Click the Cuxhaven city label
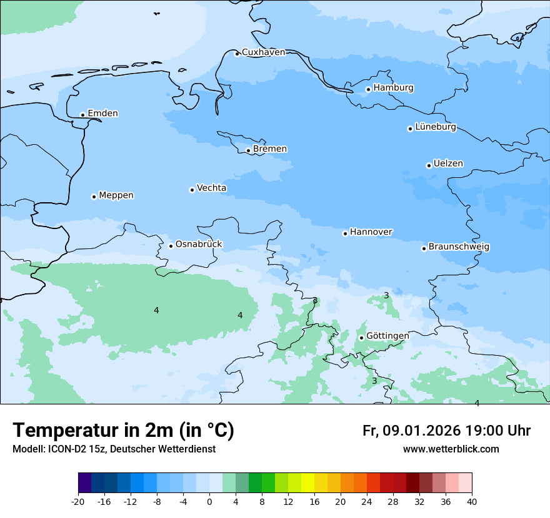[x=263, y=52]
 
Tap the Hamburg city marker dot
[x=368, y=89]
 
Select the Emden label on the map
[x=102, y=114]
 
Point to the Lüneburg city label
[x=436, y=127]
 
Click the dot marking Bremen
[x=248, y=150]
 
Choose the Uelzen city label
[x=448, y=164]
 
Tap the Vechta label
[x=211, y=188]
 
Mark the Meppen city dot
[x=94, y=197]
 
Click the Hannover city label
[x=371, y=232]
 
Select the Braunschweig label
[x=459, y=247]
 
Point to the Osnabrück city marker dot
[x=171, y=246]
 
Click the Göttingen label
[x=387, y=336]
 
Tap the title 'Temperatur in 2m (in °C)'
[x=123, y=431]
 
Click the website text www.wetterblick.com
[x=451, y=449]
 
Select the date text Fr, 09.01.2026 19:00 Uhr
[x=446, y=431]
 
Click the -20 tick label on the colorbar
[x=78, y=502]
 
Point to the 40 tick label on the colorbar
[x=472, y=502]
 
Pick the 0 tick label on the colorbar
[x=209, y=502]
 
